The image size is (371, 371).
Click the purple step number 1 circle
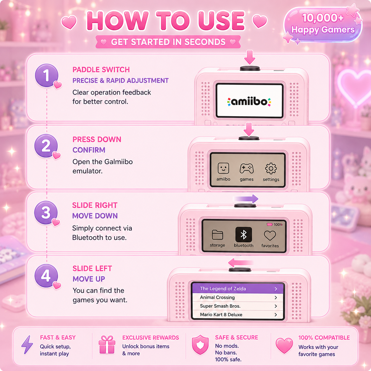(x=46, y=75)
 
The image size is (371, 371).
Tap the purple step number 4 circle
(x=46, y=276)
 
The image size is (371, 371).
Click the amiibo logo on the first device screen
(x=249, y=102)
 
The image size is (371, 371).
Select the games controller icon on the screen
(x=246, y=168)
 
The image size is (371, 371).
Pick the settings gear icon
(x=271, y=168)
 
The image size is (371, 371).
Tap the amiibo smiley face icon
(x=223, y=168)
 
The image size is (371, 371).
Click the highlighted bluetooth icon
(x=243, y=235)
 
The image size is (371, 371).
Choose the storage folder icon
(x=217, y=235)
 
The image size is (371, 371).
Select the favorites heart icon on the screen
(x=270, y=235)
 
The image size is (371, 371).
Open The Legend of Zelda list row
(x=238, y=288)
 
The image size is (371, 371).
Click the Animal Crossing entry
(x=238, y=297)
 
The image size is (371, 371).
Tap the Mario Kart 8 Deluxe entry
(x=238, y=314)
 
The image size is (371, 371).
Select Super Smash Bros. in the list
(x=238, y=306)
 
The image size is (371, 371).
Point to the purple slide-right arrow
(x=246, y=199)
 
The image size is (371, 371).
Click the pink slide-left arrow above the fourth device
(x=241, y=263)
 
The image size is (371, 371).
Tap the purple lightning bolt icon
(x=27, y=345)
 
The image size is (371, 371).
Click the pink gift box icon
(x=107, y=345)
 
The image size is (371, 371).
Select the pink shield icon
(x=200, y=345)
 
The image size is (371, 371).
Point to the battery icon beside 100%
(x=270, y=224)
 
